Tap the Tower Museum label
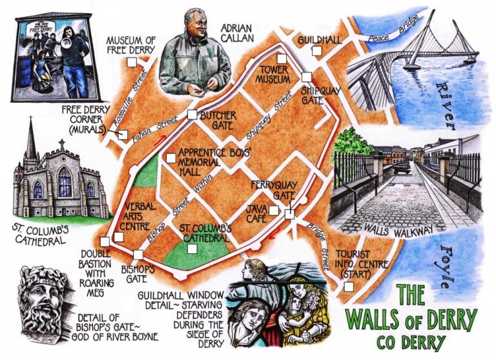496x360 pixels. pos(273,74)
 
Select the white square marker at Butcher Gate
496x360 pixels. pos(192,114)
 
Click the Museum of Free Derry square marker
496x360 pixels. pos(131,62)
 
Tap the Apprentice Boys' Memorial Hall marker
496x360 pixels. pos(170,158)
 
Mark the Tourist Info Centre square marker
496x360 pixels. pos(349,286)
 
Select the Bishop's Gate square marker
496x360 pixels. pos(138,254)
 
